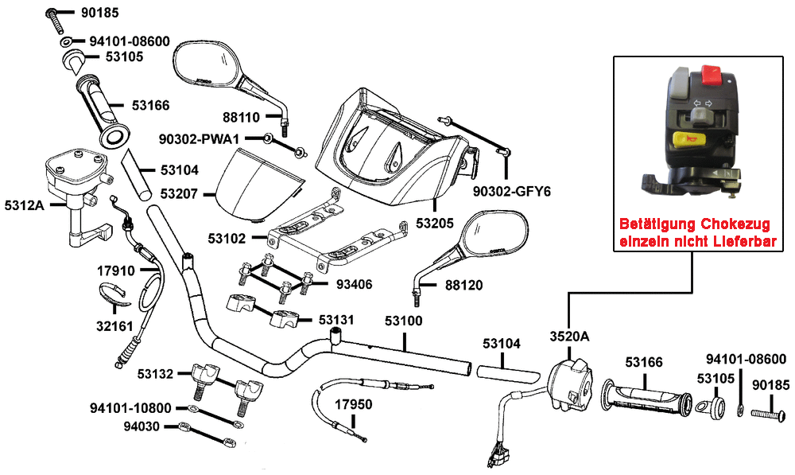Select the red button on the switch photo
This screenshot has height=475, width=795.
(711, 77)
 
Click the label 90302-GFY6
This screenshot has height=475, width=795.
(512, 192)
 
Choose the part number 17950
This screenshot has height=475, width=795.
(353, 404)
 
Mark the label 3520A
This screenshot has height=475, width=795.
(570, 336)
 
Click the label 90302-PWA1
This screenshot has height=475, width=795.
(200, 139)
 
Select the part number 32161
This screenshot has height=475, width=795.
(116, 325)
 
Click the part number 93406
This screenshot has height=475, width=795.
(353, 284)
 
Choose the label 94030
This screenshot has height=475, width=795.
(142, 426)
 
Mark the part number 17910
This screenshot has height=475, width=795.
(115, 271)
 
